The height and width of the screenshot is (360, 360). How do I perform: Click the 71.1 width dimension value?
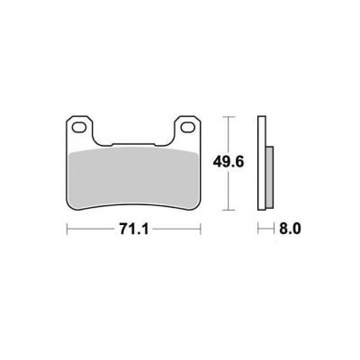point(134,229)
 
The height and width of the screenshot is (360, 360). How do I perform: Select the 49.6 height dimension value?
point(229,162)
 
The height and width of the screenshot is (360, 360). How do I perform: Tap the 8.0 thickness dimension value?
point(290,229)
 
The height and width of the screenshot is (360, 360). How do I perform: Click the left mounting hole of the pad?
point(79,127)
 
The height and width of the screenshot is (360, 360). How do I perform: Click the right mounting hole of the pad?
point(187,127)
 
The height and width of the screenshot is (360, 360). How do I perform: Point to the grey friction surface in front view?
point(133,178)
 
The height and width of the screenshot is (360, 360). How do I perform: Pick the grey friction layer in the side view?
point(270,177)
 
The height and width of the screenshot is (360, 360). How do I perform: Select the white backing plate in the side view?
point(262,163)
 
